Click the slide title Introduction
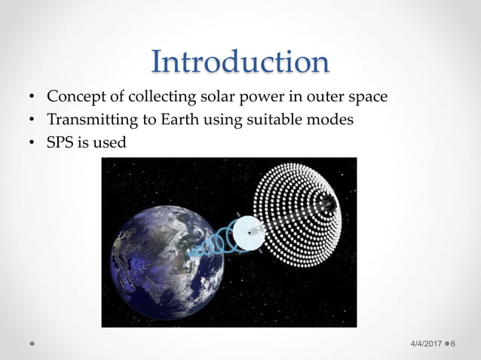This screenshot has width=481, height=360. [x=240, y=62]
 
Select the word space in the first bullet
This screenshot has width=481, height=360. [x=367, y=97]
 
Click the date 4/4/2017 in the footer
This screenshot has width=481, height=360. [x=426, y=343]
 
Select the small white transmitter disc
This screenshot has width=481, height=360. [x=248, y=233]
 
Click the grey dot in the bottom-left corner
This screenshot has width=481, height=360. [x=32, y=343]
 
